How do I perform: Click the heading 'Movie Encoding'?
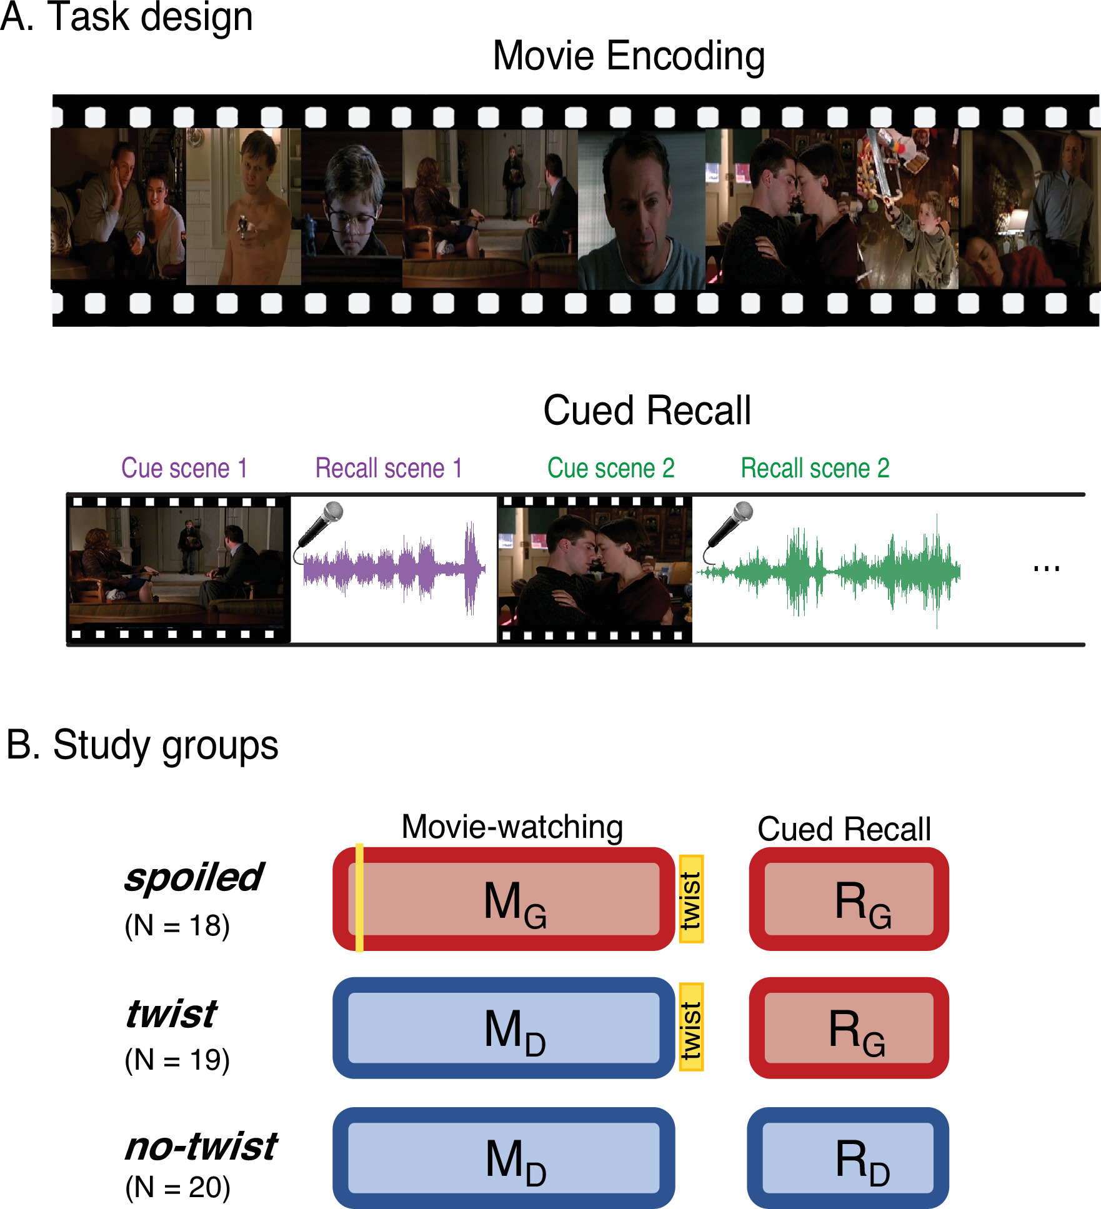click(629, 56)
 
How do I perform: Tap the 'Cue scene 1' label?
click(184, 468)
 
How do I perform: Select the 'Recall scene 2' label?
click(815, 468)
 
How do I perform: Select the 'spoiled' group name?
click(194, 877)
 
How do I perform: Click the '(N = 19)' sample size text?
click(177, 1060)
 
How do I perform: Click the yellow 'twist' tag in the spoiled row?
click(691, 899)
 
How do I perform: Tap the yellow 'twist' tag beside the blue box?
click(691, 1027)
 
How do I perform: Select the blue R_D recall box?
click(848, 1158)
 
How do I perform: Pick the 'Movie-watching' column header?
click(512, 827)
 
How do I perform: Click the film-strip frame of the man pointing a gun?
click(244, 206)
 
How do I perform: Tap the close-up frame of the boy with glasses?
click(352, 206)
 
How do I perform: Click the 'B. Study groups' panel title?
click(142, 745)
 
